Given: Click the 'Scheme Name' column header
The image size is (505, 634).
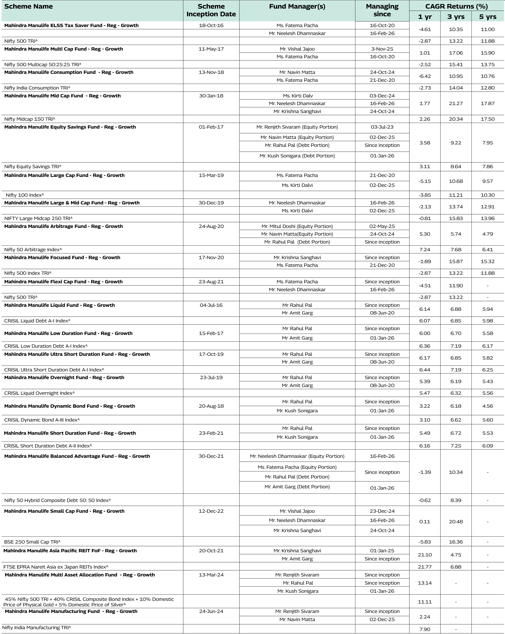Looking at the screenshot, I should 29,6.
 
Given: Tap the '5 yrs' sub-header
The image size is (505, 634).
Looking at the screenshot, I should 487,17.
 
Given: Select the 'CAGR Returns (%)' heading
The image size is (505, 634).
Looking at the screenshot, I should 456,6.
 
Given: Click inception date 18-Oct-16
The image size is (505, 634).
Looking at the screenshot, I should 211,25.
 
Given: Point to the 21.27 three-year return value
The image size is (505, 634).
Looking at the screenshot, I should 456,104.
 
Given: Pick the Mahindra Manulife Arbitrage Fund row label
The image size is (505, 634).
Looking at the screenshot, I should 64,226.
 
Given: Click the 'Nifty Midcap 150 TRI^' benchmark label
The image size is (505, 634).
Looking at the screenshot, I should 30,119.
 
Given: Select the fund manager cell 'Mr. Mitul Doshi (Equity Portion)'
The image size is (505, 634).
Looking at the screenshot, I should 297,226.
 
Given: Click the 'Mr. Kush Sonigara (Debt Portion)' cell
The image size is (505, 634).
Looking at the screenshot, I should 297,156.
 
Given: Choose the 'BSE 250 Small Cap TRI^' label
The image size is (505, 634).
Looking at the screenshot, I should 32,542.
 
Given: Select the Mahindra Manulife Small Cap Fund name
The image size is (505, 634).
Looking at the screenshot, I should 64,511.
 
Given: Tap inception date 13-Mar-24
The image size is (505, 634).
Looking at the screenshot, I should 211,575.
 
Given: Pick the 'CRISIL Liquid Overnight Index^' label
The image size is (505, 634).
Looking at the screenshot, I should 39,393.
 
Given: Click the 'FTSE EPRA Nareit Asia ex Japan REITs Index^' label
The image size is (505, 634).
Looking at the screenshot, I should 56,567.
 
